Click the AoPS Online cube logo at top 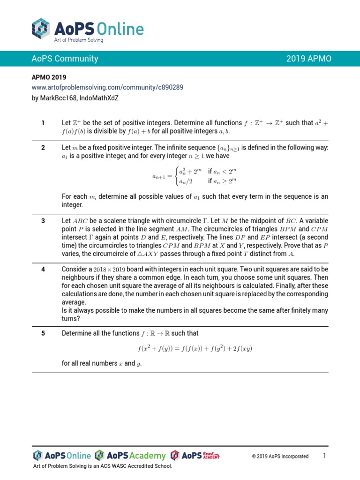[x=41, y=29]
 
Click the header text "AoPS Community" [x=65, y=59]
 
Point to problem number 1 [x=43, y=123]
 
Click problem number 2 [x=43, y=148]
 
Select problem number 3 [x=43, y=221]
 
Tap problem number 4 [x=43, y=269]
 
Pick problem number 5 [x=43, y=333]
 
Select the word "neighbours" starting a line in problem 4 [x=79, y=278]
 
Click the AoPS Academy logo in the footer [x=130, y=456]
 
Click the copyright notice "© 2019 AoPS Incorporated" [x=280, y=456]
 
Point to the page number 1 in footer [x=324, y=456]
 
